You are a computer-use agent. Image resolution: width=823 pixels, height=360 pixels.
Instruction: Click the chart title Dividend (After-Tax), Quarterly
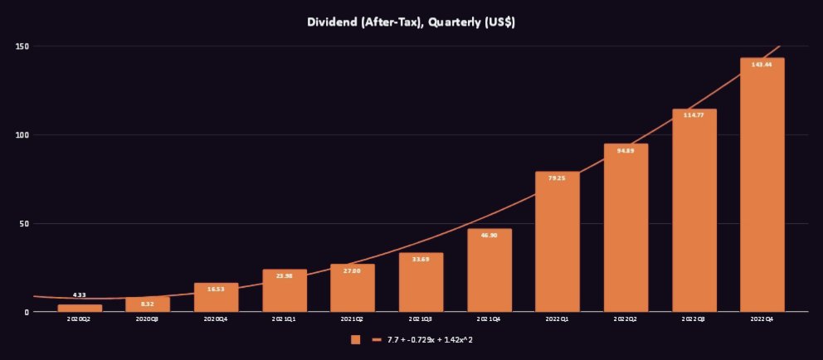pyautogui.click(x=411, y=22)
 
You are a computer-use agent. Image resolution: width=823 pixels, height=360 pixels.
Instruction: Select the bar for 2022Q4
pyautogui.click(x=762, y=191)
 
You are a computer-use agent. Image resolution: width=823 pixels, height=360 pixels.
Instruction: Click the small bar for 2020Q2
pyautogui.click(x=80, y=309)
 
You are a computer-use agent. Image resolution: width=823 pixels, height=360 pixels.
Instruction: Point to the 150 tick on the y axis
pyautogui.click(x=22, y=46)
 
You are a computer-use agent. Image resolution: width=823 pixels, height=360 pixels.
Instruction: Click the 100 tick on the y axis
pyautogui.click(x=22, y=135)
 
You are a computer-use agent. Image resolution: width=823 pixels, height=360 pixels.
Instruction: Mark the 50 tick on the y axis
pyautogui.click(x=24, y=224)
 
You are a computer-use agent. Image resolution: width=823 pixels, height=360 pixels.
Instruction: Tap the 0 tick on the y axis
pyautogui.click(x=27, y=313)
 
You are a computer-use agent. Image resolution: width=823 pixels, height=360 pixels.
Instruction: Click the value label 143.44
pyautogui.click(x=762, y=64)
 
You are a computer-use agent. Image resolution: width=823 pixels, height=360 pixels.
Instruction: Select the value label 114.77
pyautogui.click(x=694, y=114)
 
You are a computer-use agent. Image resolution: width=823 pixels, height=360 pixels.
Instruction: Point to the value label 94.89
pyautogui.click(x=626, y=150)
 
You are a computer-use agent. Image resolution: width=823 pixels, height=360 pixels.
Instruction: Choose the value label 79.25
pyautogui.click(x=558, y=178)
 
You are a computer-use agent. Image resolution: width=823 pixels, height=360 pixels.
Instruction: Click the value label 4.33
pyautogui.click(x=80, y=295)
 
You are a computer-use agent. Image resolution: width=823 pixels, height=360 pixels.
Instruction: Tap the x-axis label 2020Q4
pyautogui.click(x=217, y=319)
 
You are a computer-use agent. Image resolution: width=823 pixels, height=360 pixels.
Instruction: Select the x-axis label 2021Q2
pyautogui.click(x=353, y=319)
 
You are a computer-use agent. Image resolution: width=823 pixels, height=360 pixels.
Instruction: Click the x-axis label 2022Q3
pyautogui.click(x=694, y=319)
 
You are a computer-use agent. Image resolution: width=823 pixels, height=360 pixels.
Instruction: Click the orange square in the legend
pyautogui.click(x=356, y=339)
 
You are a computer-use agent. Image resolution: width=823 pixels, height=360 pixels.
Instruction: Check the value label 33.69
pyautogui.click(x=421, y=259)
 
